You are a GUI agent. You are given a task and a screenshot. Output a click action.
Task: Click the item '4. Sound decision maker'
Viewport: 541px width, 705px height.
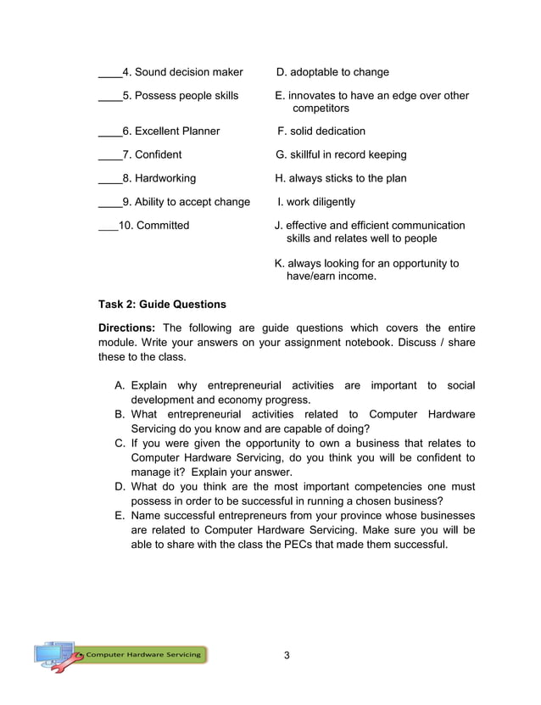tap(182, 72)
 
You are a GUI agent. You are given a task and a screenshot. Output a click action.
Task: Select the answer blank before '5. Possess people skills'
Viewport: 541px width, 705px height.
tap(109, 96)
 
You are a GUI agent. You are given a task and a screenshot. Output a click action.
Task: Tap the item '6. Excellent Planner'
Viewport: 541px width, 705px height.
tap(170, 131)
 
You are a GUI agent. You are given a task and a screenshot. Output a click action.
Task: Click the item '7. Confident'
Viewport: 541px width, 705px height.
tap(152, 155)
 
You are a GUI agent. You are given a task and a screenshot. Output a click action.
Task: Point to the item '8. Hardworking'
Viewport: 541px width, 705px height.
tap(159, 179)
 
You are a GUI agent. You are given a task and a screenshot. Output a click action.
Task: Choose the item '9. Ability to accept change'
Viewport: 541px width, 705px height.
tap(186, 203)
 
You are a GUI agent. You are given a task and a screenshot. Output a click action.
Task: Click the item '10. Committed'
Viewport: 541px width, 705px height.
tap(155, 226)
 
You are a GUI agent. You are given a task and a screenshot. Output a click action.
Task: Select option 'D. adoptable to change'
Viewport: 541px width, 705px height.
tap(332, 72)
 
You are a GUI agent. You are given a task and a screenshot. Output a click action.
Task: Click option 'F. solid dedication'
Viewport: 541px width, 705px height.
tap(322, 131)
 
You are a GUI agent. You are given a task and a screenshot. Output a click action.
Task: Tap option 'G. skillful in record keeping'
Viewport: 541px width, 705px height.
tap(341, 155)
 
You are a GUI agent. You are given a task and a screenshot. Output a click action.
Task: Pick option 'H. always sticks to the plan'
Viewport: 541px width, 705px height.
tap(341, 179)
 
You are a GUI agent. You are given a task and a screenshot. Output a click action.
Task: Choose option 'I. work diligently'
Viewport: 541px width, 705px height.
tap(316, 203)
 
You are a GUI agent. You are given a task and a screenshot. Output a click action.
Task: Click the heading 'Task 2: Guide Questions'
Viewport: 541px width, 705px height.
tap(162, 305)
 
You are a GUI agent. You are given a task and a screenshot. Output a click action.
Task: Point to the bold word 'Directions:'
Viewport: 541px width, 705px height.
tap(127, 328)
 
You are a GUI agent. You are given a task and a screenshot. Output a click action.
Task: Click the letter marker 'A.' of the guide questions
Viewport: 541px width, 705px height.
tap(120, 386)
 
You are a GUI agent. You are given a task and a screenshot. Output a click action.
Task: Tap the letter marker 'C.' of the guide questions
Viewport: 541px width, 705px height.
tap(120, 444)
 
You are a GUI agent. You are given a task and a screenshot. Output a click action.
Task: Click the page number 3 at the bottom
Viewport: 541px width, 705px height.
tap(287, 655)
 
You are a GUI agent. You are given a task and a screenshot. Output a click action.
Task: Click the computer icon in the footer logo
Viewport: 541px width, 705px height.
tap(53, 654)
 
